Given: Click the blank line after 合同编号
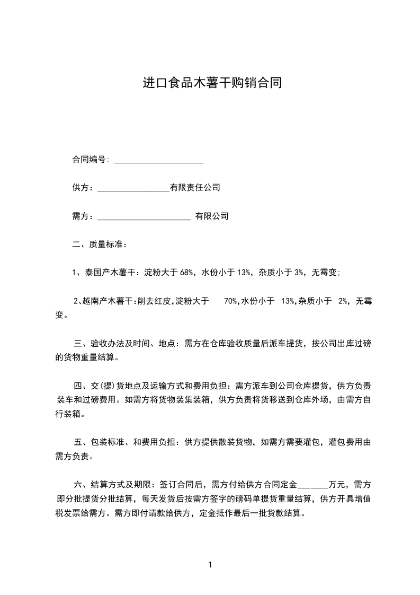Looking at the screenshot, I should click(x=159, y=160).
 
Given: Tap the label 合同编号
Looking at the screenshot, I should click(x=90, y=159).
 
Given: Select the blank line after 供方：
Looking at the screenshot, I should click(x=133, y=188).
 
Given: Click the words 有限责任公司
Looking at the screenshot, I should click(x=194, y=188).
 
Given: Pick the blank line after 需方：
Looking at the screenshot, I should click(x=144, y=217).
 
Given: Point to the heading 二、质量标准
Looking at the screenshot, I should click(x=100, y=244).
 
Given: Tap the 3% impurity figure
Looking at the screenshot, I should click(x=299, y=273).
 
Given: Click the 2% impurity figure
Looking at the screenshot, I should click(x=343, y=301).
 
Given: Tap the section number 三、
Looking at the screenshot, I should click(x=79, y=343).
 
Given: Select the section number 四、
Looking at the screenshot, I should click(x=79, y=386).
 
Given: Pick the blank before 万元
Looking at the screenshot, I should click(x=313, y=485).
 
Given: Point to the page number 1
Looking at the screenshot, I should click(x=210, y=565).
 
